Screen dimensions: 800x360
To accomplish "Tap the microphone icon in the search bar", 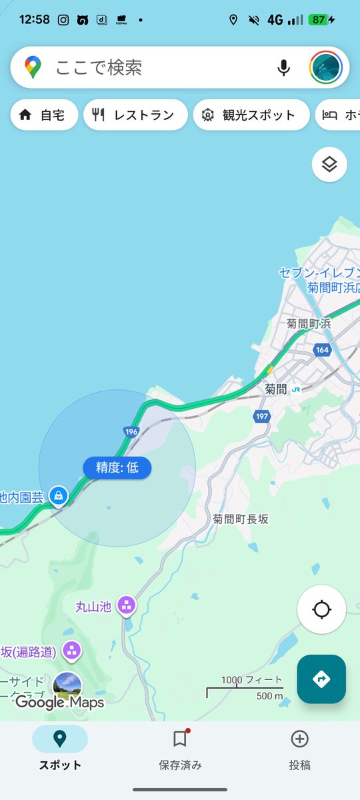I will point(284,67).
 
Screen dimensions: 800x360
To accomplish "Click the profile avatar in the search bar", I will point(326,67).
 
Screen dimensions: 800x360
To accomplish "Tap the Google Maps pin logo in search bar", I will point(33,67).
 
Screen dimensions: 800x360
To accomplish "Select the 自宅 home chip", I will point(43,115).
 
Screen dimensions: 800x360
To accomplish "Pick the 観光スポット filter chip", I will point(251,115).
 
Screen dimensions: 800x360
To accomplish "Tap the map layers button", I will point(329,164).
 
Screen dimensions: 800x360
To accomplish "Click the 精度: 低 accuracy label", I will point(117,468).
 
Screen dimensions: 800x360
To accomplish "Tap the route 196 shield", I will point(131,432).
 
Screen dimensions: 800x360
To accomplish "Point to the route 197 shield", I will point(261,417).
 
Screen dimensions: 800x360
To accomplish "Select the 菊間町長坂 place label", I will point(241,519).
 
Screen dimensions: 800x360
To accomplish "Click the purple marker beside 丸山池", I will point(125,605).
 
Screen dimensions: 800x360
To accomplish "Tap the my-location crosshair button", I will point(321,609).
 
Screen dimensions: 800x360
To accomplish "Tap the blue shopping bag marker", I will point(59,496).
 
